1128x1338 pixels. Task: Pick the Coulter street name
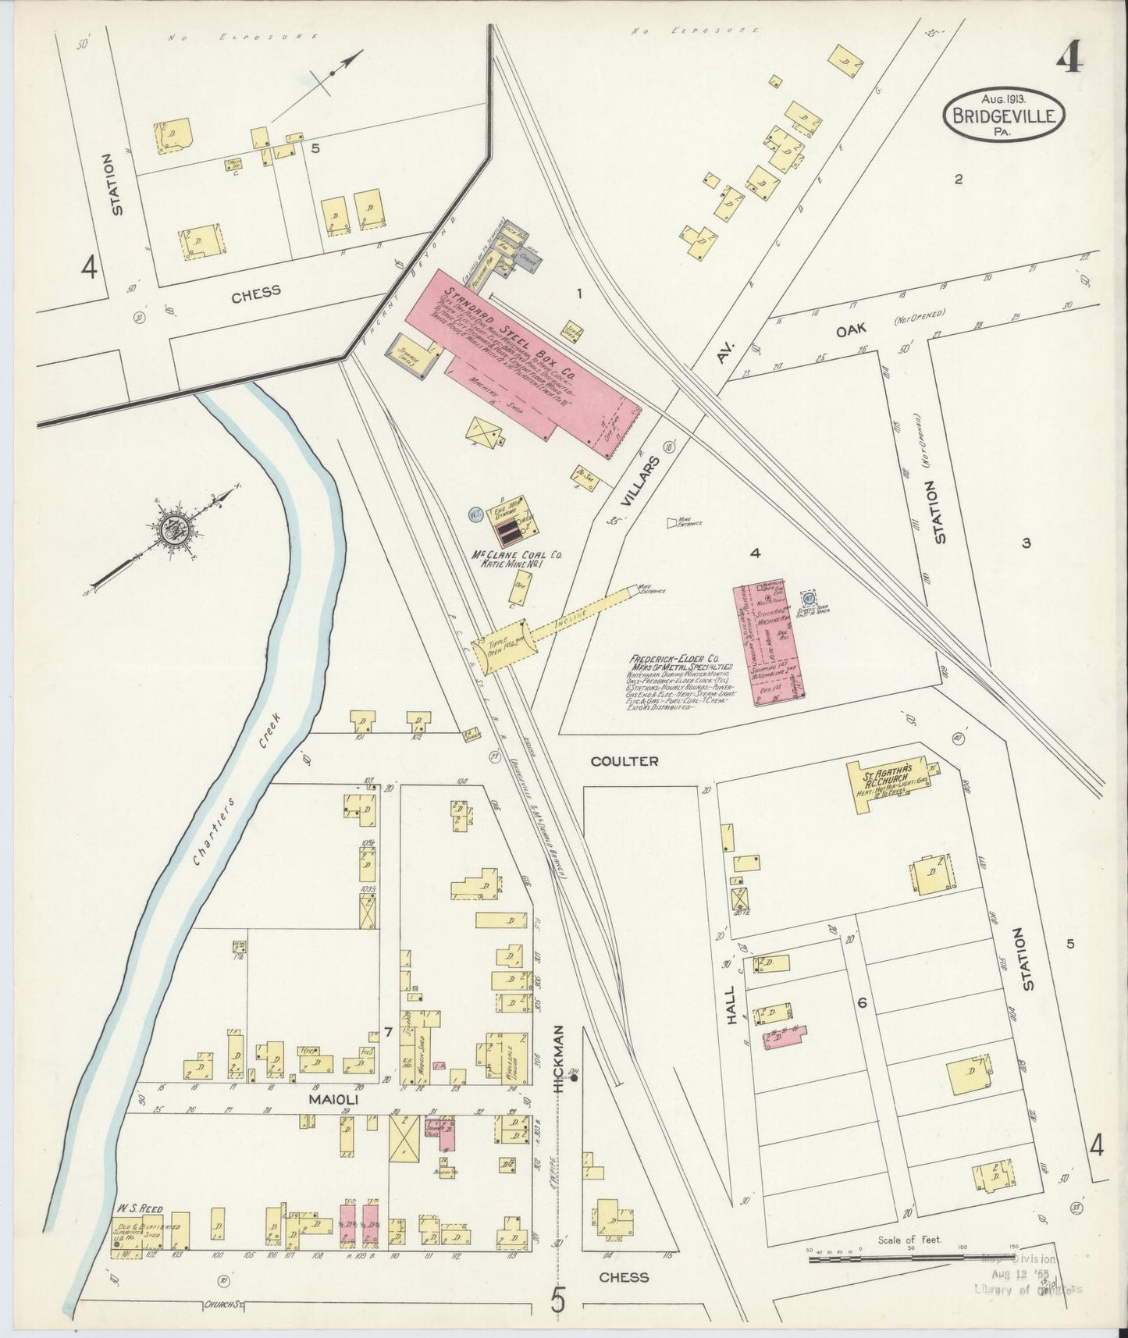tap(624, 760)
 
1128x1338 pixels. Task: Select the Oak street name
tap(852, 331)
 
